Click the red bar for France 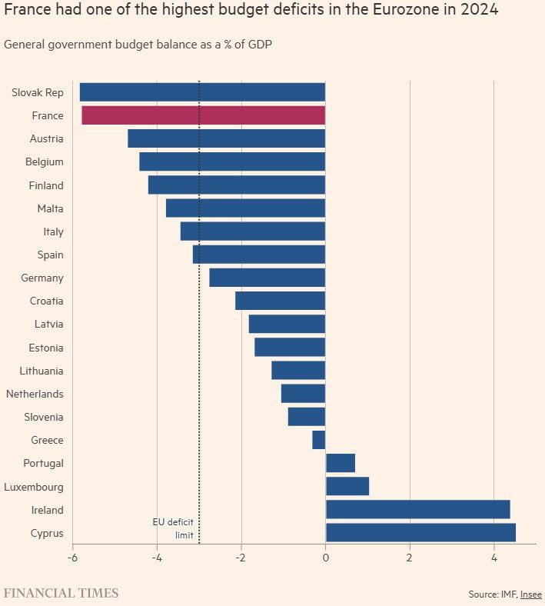click(x=203, y=116)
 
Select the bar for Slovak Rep click(x=202, y=92)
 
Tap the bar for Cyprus click(x=420, y=533)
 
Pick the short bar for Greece click(x=319, y=440)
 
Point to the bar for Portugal click(x=341, y=463)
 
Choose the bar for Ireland click(x=417, y=509)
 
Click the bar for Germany click(x=267, y=278)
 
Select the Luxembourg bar click(x=347, y=486)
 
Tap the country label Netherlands click(x=35, y=394)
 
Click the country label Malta click(x=50, y=208)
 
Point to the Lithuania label click(x=42, y=371)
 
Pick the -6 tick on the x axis click(x=72, y=557)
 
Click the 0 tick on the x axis click(x=325, y=557)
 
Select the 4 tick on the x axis click(x=493, y=557)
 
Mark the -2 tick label click(x=241, y=557)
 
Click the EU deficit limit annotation click(x=173, y=528)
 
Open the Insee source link click(x=530, y=594)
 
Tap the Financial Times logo click(x=61, y=593)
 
